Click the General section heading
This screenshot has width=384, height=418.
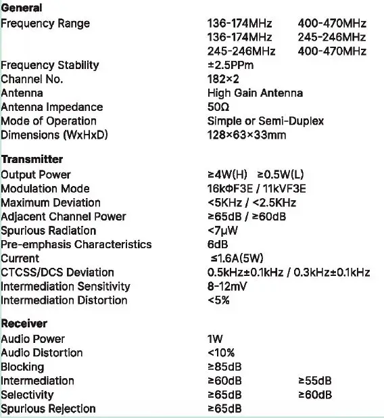click(22, 8)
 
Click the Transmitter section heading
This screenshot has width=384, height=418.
click(32, 160)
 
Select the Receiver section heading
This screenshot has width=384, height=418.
click(24, 323)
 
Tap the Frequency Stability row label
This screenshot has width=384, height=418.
click(50, 65)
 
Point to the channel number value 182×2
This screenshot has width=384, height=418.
click(223, 79)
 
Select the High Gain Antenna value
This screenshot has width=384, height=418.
click(255, 93)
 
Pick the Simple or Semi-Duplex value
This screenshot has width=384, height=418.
click(265, 121)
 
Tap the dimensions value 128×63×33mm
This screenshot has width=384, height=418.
click(247, 135)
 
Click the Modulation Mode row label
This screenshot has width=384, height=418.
click(45, 189)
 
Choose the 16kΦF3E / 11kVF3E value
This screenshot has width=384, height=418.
click(257, 189)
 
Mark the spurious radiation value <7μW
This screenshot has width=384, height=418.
click(223, 231)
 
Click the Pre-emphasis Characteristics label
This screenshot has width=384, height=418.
click(76, 244)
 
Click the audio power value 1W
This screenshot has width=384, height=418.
click(215, 339)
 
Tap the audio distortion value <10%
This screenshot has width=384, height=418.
click(221, 352)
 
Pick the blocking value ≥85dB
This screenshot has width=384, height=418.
click(224, 367)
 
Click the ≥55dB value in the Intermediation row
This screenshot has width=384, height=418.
click(314, 381)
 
